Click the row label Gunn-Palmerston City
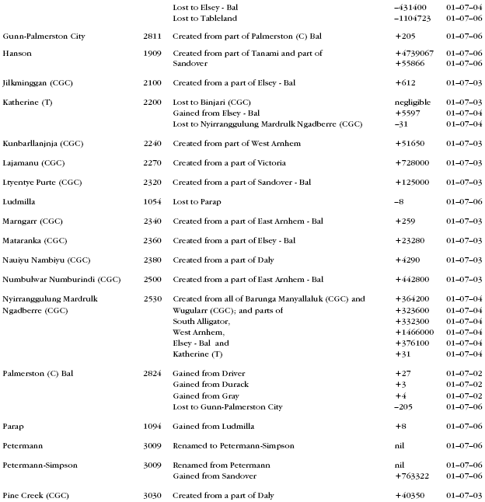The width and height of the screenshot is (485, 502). (44, 37)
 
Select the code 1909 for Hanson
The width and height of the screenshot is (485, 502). (152, 54)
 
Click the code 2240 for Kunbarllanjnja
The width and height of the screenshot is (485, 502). (152, 144)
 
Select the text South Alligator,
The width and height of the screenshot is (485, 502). (204, 322)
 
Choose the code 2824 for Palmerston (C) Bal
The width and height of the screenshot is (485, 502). (152, 374)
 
